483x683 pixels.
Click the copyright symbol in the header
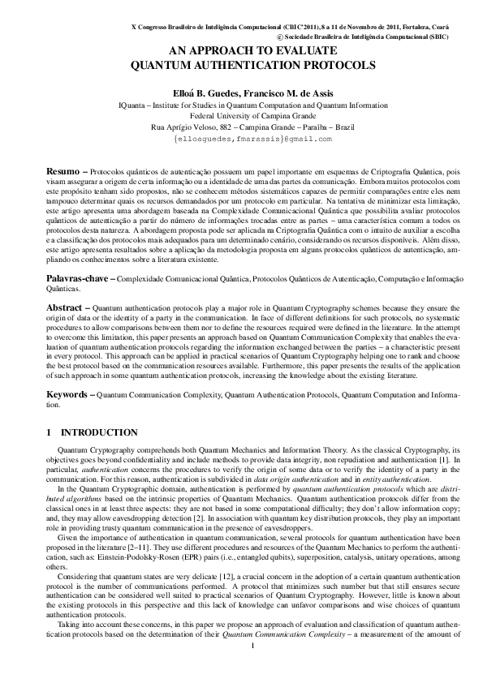[281, 37]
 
